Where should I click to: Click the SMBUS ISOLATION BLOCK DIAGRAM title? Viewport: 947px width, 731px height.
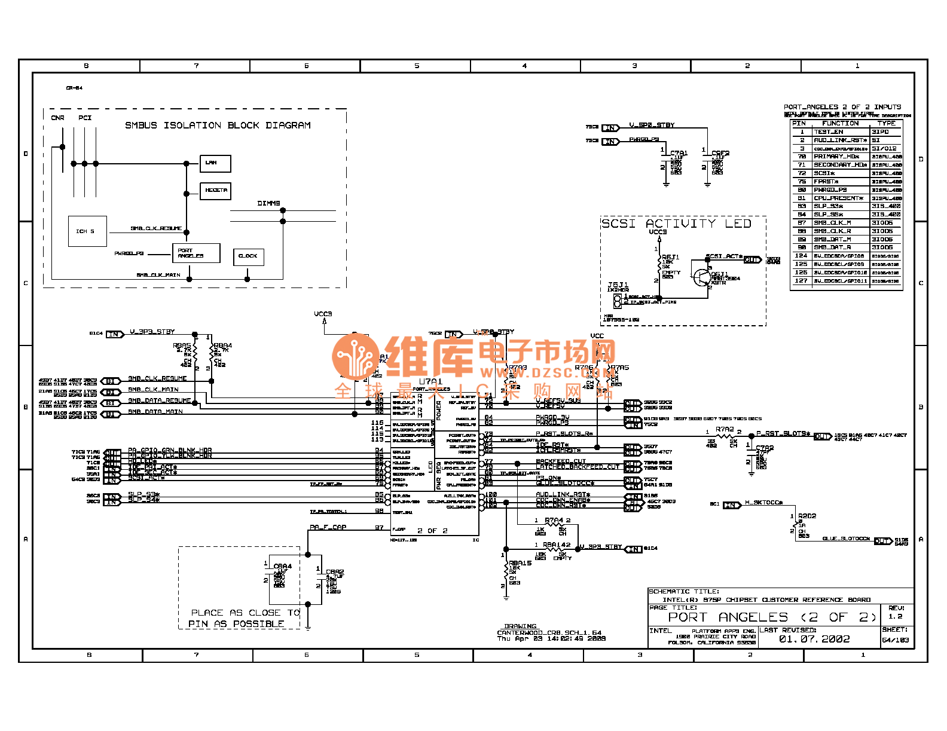click(x=218, y=126)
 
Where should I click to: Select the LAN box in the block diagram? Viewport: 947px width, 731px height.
click(x=215, y=163)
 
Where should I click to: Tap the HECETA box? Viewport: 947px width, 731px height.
click(x=215, y=191)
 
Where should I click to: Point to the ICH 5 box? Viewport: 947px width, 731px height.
click(x=87, y=231)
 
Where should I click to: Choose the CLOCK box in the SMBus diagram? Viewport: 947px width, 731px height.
click(x=248, y=256)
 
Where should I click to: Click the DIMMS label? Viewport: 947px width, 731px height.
click(x=268, y=203)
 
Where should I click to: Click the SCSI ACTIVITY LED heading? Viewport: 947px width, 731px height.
click(x=676, y=224)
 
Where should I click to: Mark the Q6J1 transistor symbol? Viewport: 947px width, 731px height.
click(x=701, y=277)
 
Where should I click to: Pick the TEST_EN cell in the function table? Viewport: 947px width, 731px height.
click(x=829, y=131)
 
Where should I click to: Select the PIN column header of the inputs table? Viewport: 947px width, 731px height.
click(x=799, y=123)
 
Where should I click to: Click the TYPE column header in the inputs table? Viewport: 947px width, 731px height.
click(x=886, y=123)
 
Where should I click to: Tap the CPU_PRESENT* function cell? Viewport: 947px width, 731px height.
click(x=838, y=198)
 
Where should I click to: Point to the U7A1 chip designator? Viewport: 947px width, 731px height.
click(x=430, y=381)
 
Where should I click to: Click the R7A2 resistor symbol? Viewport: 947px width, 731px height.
click(x=725, y=436)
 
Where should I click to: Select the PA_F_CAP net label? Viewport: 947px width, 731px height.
click(x=328, y=527)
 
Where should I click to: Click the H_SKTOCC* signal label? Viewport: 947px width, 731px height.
click(x=763, y=503)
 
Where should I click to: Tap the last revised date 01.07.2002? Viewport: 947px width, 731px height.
click(x=814, y=639)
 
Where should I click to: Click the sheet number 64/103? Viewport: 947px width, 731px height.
click(x=895, y=640)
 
